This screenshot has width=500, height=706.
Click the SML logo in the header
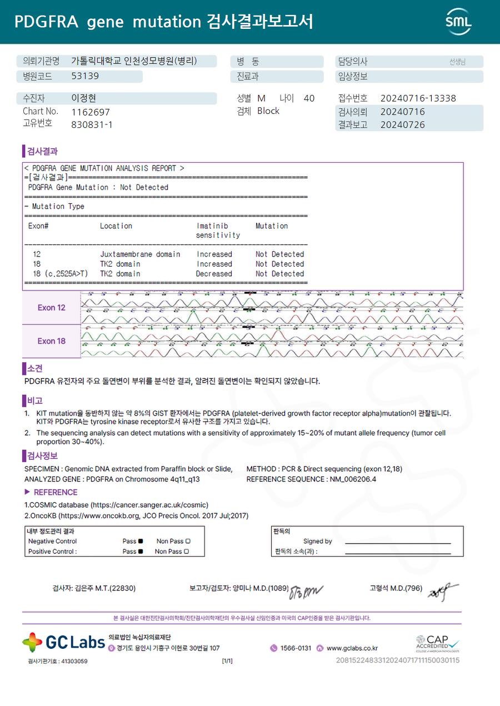[x=458, y=22]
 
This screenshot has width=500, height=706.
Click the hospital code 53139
[x=85, y=76]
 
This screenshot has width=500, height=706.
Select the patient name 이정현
[x=84, y=98]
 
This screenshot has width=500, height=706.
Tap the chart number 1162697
[x=91, y=112]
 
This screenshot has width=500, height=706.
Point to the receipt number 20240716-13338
[x=418, y=98]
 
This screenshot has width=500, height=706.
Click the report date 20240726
[x=402, y=125]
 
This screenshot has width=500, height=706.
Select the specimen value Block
[x=268, y=111]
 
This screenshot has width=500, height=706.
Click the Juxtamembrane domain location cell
[x=140, y=254]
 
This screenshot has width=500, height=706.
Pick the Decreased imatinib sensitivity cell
[x=214, y=274]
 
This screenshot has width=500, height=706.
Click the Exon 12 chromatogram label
[x=51, y=308]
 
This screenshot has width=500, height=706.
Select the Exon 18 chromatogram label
[x=51, y=341]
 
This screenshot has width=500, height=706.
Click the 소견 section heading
[x=34, y=368]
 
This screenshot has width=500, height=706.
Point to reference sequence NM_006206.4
[x=352, y=479]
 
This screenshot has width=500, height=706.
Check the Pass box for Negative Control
[x=141, y=541]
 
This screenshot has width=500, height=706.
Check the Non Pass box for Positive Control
[x=187, y=552]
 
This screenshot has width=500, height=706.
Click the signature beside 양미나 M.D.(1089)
[x=305, y=590]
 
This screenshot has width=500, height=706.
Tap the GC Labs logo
[x=63, y=642]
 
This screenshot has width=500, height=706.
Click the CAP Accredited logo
[x=438, y=643]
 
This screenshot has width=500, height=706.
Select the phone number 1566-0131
[x=296, y=648]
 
